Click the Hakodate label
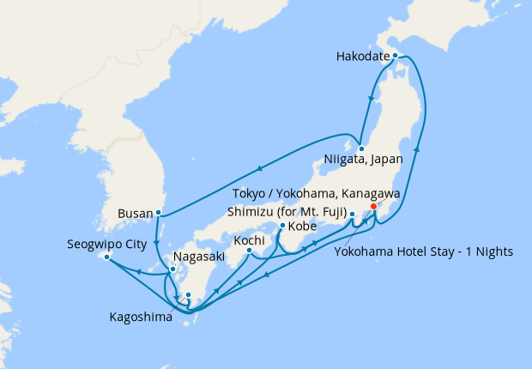(x=361, y=58)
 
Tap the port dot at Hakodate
(x=395, y=55)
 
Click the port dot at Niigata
(x=362, y=148)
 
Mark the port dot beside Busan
(x=158, y=212)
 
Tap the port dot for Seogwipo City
(x=106, y=257)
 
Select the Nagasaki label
(x=203, y=257)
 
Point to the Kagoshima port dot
(x=188, y=296)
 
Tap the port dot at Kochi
(x=249, y=251)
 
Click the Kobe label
(x=302, y=227)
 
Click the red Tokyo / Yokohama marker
(x=373, y=206)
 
